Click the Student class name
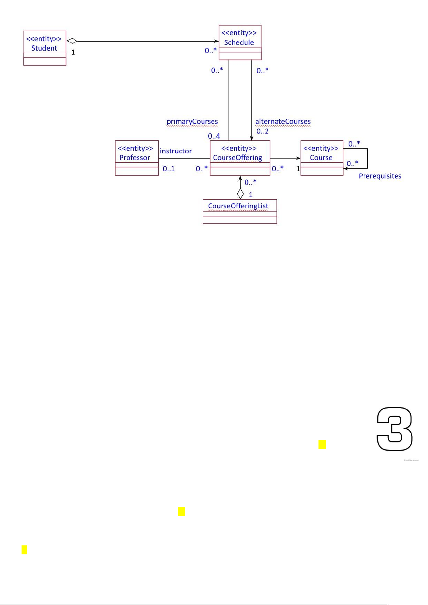tap(44, 48)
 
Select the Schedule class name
tap(239, 42)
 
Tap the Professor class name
tap(135, 158)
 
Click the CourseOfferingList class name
tap(238, 206)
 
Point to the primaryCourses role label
tap(192, 122)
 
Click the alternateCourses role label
tap(283, 122)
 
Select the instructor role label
tap(176, 151)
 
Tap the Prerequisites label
tap(380, 176)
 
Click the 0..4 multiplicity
tap(214, 136)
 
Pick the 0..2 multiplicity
tap(262, 131)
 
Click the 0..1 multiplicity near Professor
tap(168, 169)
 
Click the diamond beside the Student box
tap(72, 41)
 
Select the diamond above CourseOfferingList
tap(240, 194)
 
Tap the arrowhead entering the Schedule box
tap(217, 41)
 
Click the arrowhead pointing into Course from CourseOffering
tap(298, 158)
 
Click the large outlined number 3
tap(394, 429)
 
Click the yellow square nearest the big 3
tap(322, 445)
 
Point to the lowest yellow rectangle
tap(24, 550)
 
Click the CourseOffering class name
tap(238, 158)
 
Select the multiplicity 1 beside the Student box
tap(73, 52)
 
